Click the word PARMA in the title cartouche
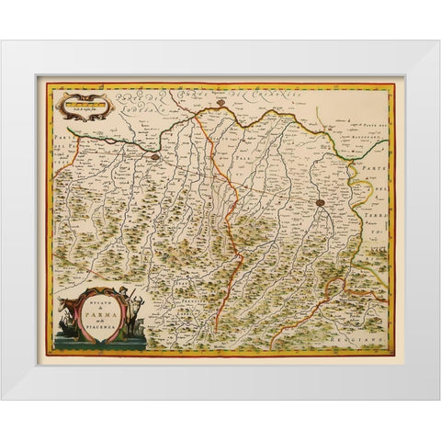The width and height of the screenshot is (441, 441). pos(107,309)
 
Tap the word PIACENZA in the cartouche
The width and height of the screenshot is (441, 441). pos(107,322)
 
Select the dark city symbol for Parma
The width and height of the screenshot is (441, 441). pos(320,202)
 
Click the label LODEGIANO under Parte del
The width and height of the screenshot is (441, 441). pos(115,113)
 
